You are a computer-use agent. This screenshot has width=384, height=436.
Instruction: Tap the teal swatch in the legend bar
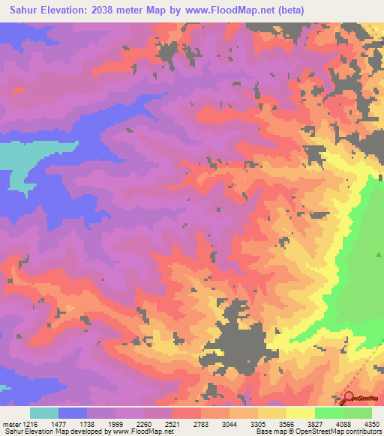[44, 413]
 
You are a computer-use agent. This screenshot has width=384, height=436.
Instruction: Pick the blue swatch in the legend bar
[73, 413]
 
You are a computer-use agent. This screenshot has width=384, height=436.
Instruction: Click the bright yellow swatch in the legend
[300, 413]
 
